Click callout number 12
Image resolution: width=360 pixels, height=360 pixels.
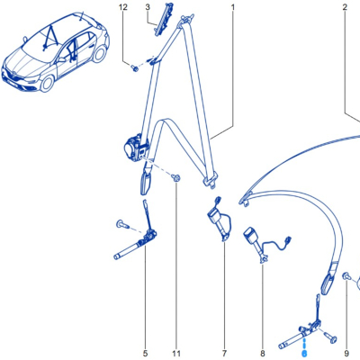(x=123, y=7)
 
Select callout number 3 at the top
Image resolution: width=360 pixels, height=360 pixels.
(x=148, y=7)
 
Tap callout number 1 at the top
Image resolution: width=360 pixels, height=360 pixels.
(x=233, y=7)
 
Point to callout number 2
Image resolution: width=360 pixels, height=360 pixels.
(x=345, y=7)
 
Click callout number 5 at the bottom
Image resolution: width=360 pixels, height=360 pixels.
(x=146, y=354)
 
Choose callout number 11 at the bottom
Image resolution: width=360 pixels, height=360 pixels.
(x=176, y=354)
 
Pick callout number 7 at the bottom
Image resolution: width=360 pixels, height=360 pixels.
(x=225, y=354)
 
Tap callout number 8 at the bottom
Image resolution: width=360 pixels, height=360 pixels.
(x=263, y=354)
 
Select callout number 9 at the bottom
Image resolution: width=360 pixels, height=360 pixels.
(x=346, y=354)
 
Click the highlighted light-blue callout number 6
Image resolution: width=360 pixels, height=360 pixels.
(x=304, y=354)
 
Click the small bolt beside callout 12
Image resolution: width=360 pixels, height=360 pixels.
(x=135, y=68)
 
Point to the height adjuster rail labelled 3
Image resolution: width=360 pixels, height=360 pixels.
(x=164, y=19)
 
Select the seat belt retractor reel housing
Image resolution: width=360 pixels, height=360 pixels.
(x=134, y=148)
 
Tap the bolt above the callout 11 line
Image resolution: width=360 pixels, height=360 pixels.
(x=176, y=177)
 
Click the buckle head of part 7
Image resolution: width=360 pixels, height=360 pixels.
(x=214, y=215)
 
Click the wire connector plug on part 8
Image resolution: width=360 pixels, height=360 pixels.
(x=289, y=240)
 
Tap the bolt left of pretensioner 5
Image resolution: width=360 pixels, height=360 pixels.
(x=122, y=224)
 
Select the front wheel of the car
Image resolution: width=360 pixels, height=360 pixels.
(x=47, y=84)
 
